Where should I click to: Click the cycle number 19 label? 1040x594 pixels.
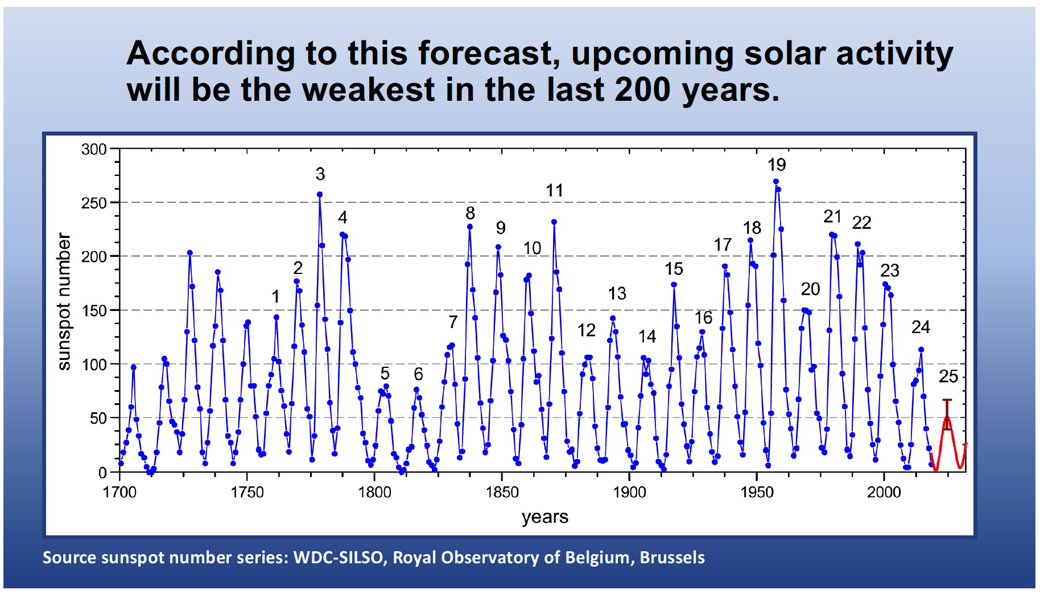(x=777, y=165)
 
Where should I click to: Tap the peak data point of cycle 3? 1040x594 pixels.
(x=320, y=194)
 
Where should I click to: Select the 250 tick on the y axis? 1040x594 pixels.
(x=94, y=203)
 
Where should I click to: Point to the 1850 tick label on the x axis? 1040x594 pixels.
(x=502, y=492)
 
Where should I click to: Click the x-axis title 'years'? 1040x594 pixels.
(x=545, y=517)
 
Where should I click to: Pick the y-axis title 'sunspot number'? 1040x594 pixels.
(x=64, y=301)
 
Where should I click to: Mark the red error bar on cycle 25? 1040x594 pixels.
(x=947, y=414)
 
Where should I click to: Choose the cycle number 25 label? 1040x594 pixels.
(x=948, y=376)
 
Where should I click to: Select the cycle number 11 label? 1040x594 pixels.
(x=554, y=191)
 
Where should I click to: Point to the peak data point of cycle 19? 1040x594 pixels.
(x=775, y=182)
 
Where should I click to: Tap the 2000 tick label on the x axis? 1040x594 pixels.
(x=884, y=492)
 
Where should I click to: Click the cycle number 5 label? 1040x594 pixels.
(x=385, y=374)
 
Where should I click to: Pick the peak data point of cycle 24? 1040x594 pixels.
(x=921, y=350)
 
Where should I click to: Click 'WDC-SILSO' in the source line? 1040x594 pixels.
(x=338, y=558)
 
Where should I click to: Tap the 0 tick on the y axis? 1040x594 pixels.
(x=102, y=473)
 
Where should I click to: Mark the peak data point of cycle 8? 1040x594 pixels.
(x=470, y=227)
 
